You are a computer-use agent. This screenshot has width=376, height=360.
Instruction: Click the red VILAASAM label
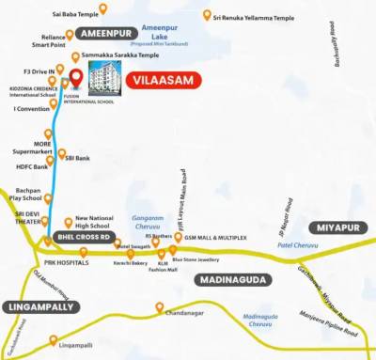pos(164,80)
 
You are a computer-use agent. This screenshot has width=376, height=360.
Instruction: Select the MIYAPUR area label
pos(338,228)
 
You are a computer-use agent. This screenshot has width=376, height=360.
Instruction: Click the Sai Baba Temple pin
pos(103,8)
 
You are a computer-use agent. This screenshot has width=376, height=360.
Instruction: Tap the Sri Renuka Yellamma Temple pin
pos(207,15)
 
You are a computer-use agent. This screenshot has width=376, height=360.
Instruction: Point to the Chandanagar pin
pos(160,307)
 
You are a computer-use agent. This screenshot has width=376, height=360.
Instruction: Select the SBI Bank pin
pos(62,154)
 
